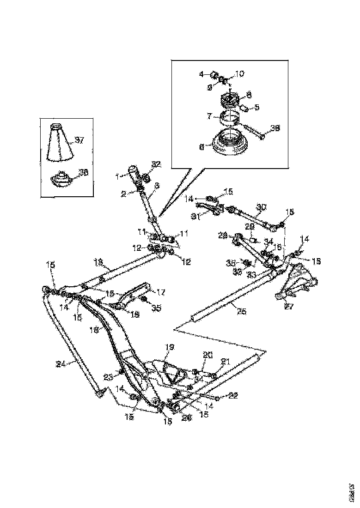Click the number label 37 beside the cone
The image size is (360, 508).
tap(79, 140)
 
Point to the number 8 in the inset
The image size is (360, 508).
tap(249, 94)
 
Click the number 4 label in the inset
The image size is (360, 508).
tap(201, 74)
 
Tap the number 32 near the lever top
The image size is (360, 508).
tap(156, 164)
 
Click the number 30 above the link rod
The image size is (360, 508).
tap(261, 208)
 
